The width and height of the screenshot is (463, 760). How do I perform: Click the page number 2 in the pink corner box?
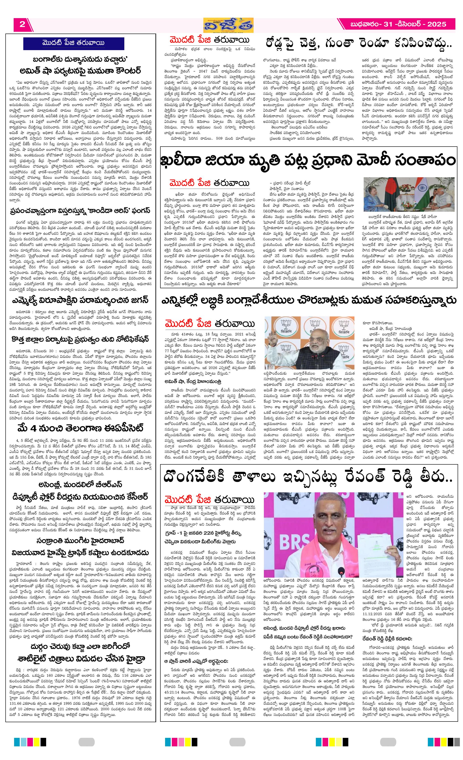pos(22,24)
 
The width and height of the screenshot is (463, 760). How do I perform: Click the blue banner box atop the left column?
pos(73,43)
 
